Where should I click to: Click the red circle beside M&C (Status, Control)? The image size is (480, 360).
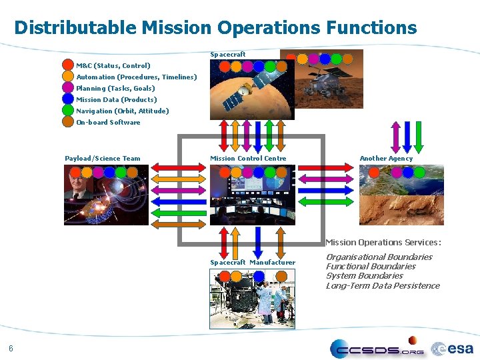coord(68,65)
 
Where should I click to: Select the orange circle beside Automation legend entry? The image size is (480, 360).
coord(68,77)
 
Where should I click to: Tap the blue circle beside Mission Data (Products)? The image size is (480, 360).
coord(68,99)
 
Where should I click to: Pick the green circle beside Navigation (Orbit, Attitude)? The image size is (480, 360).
coord(68,111)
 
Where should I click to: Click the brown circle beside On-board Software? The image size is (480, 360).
coord(68,122)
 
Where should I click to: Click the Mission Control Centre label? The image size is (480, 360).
coord(248,158)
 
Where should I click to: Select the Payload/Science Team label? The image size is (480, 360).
coord(103,158)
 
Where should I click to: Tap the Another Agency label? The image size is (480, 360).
coord(386,158)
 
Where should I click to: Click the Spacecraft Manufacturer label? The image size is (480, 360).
coord(253,262)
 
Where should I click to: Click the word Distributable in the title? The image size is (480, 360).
coord(75,27)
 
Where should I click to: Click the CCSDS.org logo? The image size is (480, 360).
coord(377,348)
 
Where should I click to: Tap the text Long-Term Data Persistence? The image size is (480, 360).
coord(383,285)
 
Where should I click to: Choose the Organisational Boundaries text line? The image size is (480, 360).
coord(379,257)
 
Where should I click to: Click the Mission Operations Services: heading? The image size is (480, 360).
coord(383,242)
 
